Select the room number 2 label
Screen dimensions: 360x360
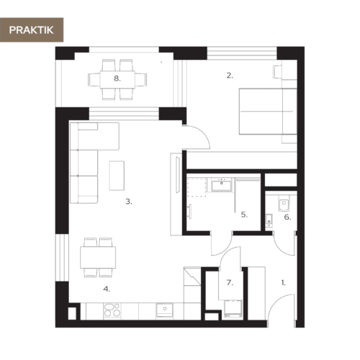pos(230,75)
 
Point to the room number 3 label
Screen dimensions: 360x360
pos(128,202)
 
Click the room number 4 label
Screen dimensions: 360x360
pos(107,289)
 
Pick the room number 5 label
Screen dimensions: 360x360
pos(245,214)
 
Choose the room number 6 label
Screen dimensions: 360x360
pos(287,217)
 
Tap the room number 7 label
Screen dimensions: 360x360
pos(230,283)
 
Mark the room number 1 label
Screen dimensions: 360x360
pos(283,283)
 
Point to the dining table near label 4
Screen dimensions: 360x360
pos(98,256)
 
